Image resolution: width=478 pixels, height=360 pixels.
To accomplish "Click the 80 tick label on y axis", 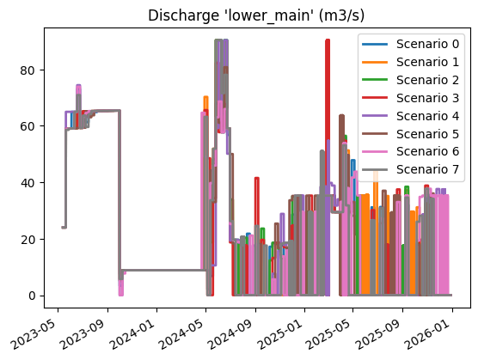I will (27, 70).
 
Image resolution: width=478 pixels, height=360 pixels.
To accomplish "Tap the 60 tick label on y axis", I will (27, 126).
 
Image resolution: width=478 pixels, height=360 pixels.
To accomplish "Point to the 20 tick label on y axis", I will (27, 239).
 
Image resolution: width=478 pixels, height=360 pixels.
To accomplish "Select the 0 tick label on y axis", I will (30, 296).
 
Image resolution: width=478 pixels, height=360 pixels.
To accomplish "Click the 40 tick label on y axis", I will (27, 182).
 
